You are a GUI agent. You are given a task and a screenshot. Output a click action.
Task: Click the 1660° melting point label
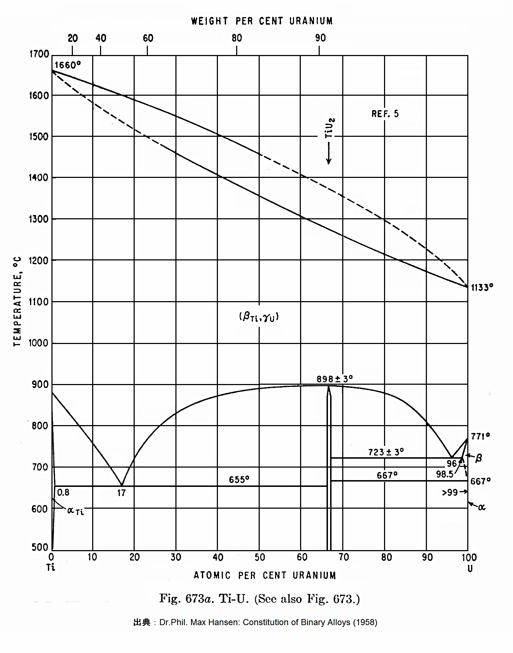[x=68, y=65]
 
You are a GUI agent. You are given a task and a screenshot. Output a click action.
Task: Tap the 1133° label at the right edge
[x=482, y=288]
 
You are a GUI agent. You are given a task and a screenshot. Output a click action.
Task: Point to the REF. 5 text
[x=385, y=114]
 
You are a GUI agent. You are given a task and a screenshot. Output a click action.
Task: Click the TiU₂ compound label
[x=329, y=128]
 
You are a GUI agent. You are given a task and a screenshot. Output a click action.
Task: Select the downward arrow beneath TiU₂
[x=329, y=154]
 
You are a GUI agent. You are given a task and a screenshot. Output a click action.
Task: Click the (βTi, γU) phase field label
[x=259, y=317]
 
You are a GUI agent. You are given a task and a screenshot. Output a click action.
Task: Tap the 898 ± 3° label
[x=335, y=379]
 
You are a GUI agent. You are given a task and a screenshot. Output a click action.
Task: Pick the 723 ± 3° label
[x=386, y=452]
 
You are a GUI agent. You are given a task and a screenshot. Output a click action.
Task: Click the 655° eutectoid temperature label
[x=239, y=479]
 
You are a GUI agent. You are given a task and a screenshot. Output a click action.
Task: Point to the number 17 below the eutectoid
[x=121, y=493]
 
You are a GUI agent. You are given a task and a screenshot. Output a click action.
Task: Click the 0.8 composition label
[x=63, y=492]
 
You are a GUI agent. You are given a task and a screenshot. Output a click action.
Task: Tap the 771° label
[x=480, y=436]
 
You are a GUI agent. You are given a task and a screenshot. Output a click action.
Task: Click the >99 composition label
[x=450, y=493]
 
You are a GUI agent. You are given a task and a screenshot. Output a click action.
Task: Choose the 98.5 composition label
[x=444, y=474]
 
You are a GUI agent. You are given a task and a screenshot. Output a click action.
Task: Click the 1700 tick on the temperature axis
[x=39, y=54]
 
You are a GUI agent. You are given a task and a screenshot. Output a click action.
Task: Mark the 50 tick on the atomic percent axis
[x=260, y=557]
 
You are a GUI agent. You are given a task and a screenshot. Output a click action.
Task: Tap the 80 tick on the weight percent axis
[x=236, y=38]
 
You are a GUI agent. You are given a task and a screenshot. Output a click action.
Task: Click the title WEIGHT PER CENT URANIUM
[x=262, y=21]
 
